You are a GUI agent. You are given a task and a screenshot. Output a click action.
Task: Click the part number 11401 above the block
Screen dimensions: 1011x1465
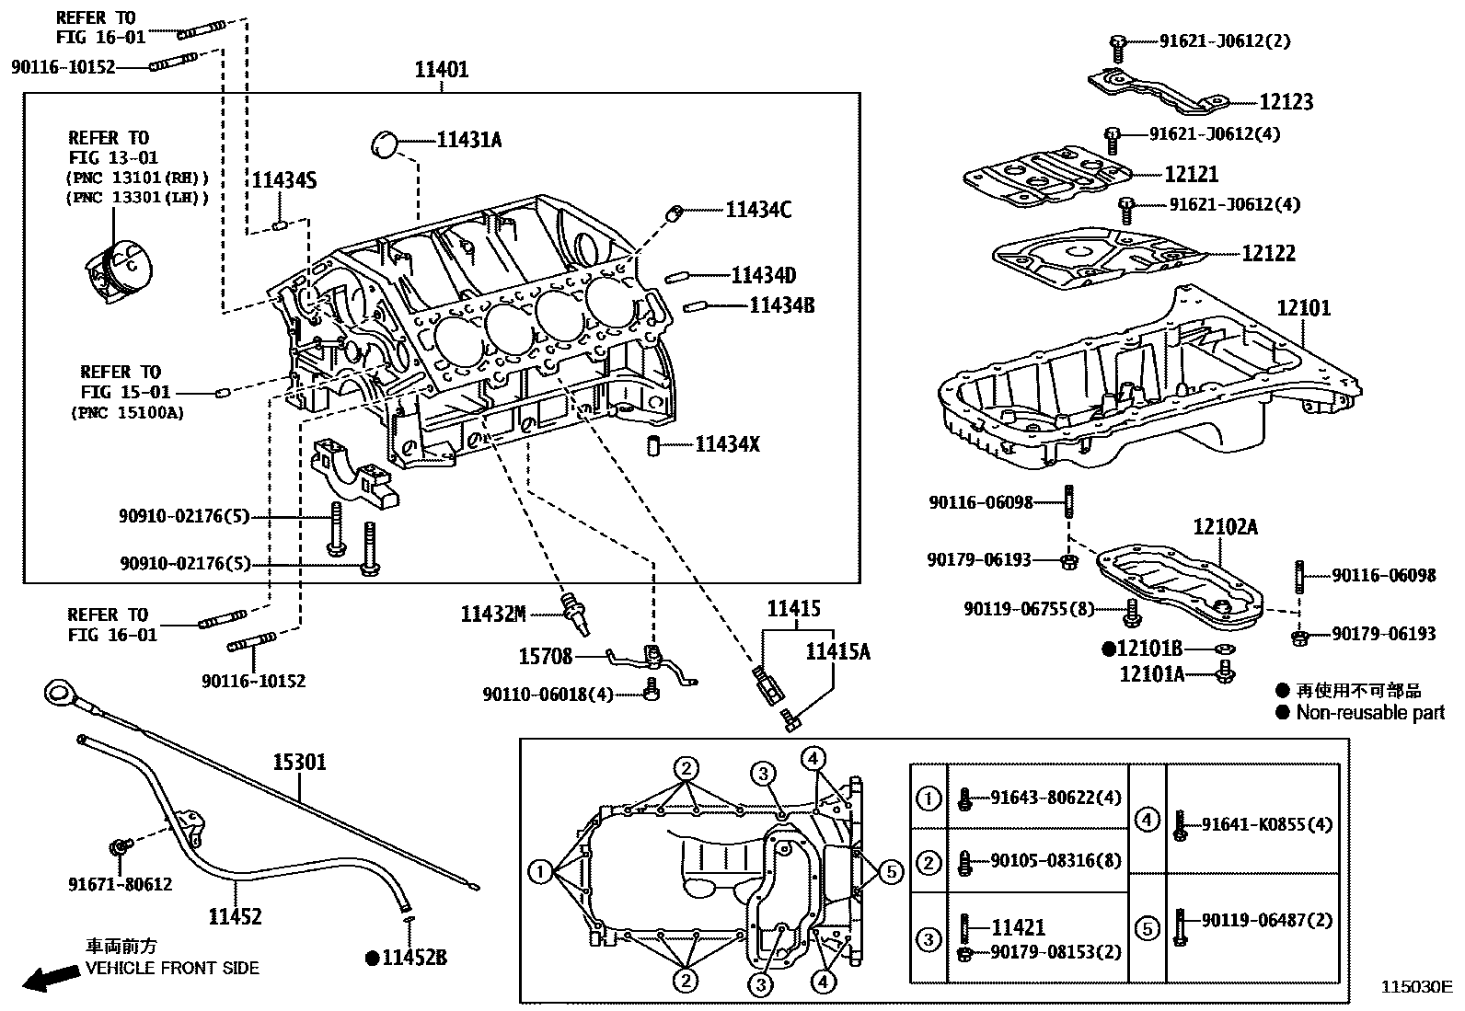coord(441,70)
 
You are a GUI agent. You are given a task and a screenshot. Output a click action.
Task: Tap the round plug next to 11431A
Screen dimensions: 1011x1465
coord(385,144)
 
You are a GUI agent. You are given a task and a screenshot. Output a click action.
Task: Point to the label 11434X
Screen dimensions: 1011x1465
coord(727,445)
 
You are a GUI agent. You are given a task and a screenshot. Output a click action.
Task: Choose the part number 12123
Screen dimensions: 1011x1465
coord(1286,102)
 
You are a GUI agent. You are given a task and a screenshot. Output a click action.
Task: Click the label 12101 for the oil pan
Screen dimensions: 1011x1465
coord(1303,308)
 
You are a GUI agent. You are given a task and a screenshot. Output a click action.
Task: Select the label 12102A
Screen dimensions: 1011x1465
coord(1225,527)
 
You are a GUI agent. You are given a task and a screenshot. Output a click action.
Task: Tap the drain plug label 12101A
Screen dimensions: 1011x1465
coord(1151,674)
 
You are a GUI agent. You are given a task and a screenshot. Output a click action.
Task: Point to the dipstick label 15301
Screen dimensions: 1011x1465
coord(299,762)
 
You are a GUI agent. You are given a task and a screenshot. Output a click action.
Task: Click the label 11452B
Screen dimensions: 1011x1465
coord(414,959)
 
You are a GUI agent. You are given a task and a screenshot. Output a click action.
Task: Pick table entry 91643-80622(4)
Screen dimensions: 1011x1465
coord(1055,798)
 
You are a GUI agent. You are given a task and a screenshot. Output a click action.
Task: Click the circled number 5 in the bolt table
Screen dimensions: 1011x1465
coord(1147,929)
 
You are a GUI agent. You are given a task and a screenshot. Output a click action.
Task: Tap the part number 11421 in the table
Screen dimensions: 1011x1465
coord(1018,928)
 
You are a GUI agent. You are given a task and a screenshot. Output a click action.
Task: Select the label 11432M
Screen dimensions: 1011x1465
coord(493,614)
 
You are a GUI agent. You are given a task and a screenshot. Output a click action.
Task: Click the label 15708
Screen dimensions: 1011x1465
coord(546,657)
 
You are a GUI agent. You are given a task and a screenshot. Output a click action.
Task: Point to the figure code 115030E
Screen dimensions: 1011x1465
coord(1414,987)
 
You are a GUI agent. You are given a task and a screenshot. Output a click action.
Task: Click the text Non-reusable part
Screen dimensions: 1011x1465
coord(1370,712)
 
